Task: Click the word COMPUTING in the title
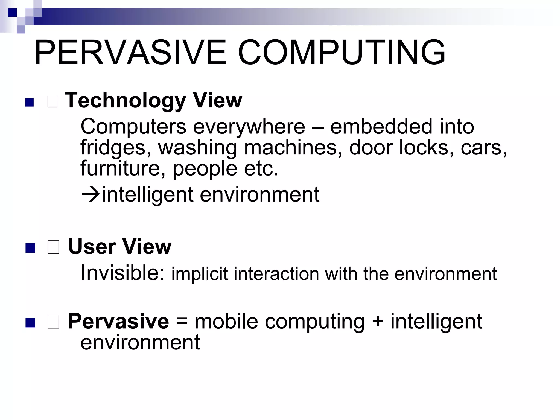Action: pyautogui.click(x=342, y=52)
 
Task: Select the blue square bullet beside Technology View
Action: pyautogui.click(x=29, y=102)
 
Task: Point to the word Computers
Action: pyautogui.click(x=133, y=126)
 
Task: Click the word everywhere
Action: pyautogui.click(x=249, y=127)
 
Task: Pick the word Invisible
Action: pyautogui.click(x=123, y=273)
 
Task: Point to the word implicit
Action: pyautogui.click(x=199, y=274)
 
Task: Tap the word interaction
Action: pyautogui.click(x=276, y=274)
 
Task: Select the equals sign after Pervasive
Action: pyautogui.click(x=182, y=322)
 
